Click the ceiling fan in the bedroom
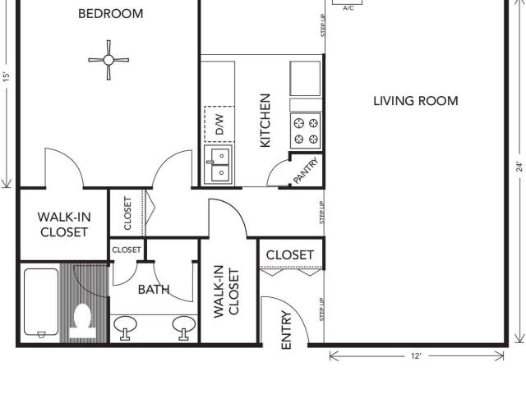[x=108, y=60]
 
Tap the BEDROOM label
[x=111, y=14]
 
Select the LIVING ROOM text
[x=416, y=101]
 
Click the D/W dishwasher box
[x=219, y=124]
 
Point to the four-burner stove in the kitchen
[x=306, y=131]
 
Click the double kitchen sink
[x=218, y=165]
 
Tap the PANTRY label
[x=306, y=171]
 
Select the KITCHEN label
[x=265, y=121]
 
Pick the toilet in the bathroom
[x=82, y=321]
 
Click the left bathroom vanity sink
[x=125, y=327]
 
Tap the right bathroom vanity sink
[x=184, y=327]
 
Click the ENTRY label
[x=286, y=330]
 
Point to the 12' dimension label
[x=416, y=356]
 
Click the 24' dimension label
[x=519, y=167]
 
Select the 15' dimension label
[x=7, y=77]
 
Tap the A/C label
[x=348, y=8]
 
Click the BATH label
[x=154, y=290]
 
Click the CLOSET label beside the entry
[x=290, y=255]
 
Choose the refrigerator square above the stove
[x=305, y=79]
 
